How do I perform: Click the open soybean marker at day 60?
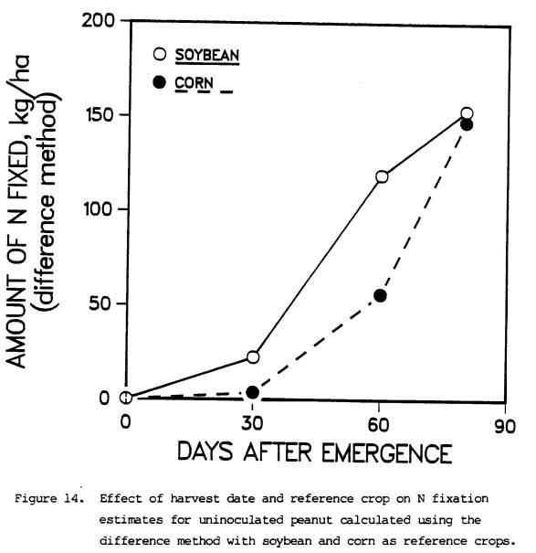382,176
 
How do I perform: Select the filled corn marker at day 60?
380,295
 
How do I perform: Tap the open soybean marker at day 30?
253,356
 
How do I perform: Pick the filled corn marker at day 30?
252,392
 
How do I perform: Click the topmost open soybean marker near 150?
467,113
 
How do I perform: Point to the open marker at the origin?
126,398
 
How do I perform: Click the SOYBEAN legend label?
207,55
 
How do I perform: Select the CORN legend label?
194,83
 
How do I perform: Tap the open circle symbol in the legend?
160,54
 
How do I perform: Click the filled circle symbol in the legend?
159,82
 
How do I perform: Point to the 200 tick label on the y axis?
99,20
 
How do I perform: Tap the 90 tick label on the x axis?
505,426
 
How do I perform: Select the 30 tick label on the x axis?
252,423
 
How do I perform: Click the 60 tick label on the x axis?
378,425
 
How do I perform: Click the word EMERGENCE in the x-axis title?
387,452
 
